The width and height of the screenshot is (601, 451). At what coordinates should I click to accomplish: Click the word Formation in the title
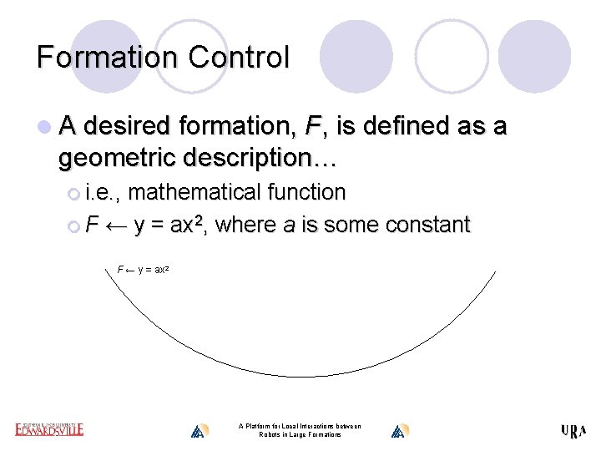click(x=107, y=57)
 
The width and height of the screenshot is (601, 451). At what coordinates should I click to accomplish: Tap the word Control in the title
click(x=239, y=57)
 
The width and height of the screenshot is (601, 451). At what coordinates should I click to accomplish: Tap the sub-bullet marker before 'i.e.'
click(x=74, y=194)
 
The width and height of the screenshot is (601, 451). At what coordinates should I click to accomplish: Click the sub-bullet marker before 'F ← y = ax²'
click(x=74, y=226)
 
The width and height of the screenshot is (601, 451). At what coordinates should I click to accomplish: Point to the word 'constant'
click(x=427, y=225)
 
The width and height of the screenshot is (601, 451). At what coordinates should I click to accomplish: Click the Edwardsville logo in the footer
click(x=49, y=429)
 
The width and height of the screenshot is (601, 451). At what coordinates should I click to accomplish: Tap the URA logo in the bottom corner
click(x=573, y=431)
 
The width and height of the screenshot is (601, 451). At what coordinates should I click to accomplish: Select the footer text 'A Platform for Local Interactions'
click(x=300, y=427)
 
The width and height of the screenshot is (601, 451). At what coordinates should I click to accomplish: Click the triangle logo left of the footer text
click(x=198, y=431)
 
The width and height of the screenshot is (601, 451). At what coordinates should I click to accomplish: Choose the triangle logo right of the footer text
click(x=399, y=431)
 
